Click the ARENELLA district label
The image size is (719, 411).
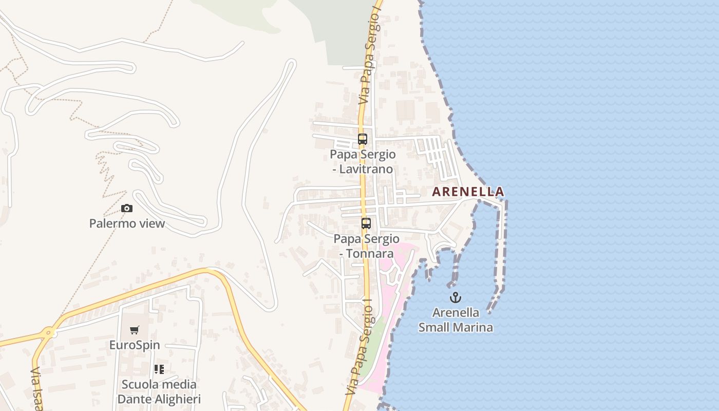click(x=468, y=192)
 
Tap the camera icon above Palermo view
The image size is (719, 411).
click(x=127, y=208)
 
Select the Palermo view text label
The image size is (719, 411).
click(x=127, y=223)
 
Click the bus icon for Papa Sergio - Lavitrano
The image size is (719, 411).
click(x=363, y=139)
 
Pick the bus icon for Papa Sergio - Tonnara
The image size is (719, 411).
click(x=366, y=223)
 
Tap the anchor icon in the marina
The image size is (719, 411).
click(x=456, y=297)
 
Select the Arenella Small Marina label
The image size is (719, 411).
click(x=456, y=320)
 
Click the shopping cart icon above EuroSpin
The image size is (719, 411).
click(x=135, y=330)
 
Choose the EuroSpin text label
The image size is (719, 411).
click(x=135, y=345)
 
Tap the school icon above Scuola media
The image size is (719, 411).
click(x=159, y=369)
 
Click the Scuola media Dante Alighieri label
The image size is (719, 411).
click(x=159, y=391)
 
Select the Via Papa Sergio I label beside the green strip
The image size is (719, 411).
click(x=359, y=349)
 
